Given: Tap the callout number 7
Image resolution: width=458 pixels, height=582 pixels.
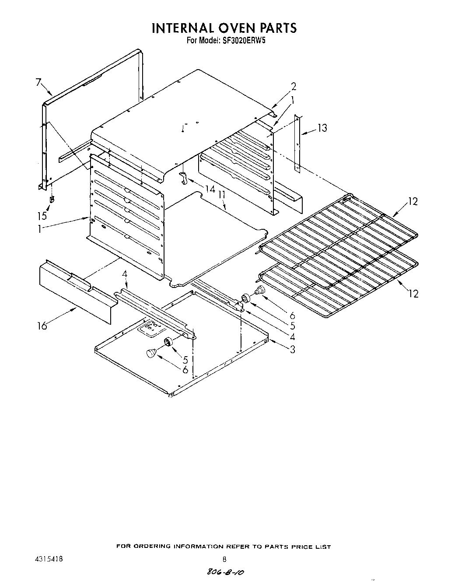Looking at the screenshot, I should (x=38, y=82).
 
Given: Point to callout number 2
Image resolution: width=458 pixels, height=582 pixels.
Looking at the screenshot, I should (x=294, y=86).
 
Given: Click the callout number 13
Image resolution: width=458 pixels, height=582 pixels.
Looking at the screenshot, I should (x=322, y=128).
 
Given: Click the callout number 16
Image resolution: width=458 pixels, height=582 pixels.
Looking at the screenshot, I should (x=42, y=326).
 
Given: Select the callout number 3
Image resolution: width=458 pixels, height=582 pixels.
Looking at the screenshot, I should (x=292, y=349).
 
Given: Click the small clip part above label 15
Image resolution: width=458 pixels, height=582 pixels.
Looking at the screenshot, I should (x=52, y=200).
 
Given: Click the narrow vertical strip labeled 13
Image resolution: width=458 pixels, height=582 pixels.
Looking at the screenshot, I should (x=297, y=142).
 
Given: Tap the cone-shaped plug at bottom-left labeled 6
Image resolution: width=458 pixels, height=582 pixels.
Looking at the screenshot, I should (x=151, y=353).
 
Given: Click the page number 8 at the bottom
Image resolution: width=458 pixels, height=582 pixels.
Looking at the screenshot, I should (x=224, y=559).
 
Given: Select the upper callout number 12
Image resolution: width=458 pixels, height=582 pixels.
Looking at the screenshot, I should (x=413, y=202).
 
